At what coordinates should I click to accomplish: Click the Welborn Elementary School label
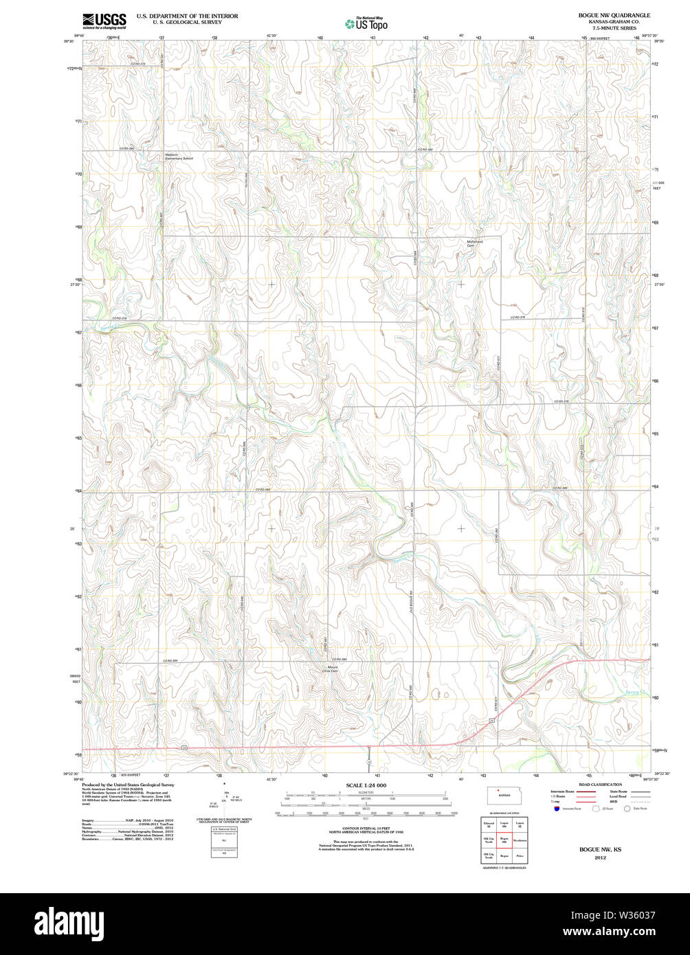coord(178,157)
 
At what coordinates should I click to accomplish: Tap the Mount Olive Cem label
coord(332,668)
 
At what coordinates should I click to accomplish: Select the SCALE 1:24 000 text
coord(366,785)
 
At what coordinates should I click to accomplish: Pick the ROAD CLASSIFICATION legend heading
coord(600,785)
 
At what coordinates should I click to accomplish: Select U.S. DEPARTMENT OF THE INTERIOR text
coord(187,15)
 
